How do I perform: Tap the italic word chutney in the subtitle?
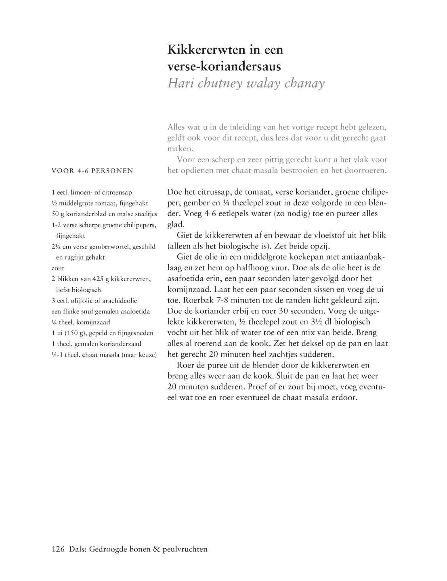coord(218,84)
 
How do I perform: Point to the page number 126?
coord(59,549)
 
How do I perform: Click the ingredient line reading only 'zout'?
coord(58,268)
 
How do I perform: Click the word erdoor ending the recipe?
coord(345,398)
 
